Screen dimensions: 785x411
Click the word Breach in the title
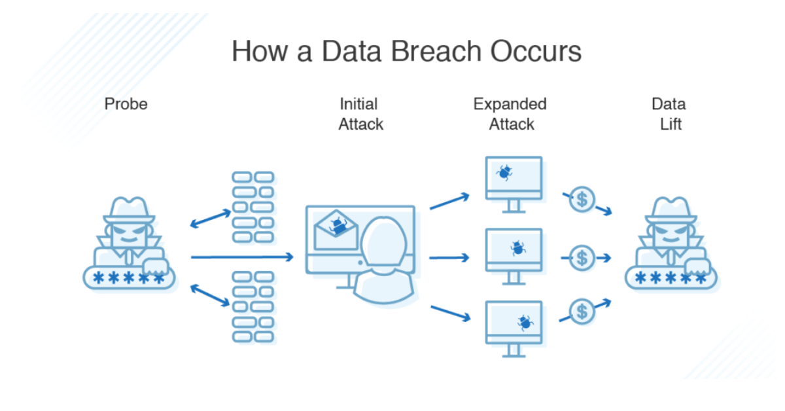437,51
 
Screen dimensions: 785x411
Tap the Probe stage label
126,104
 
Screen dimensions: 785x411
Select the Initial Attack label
360,114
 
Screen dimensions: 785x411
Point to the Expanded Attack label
510,114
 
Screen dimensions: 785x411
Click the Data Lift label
669,114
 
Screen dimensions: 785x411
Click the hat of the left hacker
129,209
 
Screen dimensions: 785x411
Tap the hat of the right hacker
671,209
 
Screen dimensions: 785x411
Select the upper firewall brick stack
253,207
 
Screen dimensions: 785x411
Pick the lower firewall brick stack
253,306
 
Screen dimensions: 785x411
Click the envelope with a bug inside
336,230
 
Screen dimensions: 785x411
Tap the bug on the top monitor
504,172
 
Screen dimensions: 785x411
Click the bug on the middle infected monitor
518,248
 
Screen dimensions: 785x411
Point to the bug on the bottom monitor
525,323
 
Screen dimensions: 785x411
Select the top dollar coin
582,200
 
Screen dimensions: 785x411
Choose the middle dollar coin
582,258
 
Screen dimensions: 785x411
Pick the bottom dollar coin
582,312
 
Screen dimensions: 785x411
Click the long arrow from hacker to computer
242,257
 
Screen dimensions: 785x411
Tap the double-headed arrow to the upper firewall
211,219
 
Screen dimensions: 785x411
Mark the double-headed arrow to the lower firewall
210,295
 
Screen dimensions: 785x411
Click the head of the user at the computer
384,242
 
